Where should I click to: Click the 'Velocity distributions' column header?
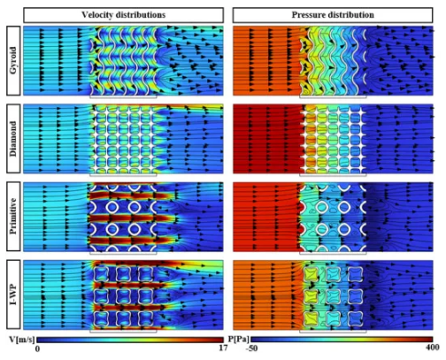pyautogui.click(x=123, y=15)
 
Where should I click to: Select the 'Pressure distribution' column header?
pyautogui.click(x=333, y=15)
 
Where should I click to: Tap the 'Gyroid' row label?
pyautogui.click(x=13, y=61)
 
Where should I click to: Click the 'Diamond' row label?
pyautogui.click(x=13, y=139)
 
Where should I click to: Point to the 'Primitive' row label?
pyautogui.click(x=13, y=217)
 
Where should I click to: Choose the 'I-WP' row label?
pyautogui.click(x=13, y=295)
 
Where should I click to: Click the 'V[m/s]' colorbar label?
pyautogui.click(x=22, y=340)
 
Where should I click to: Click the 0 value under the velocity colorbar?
pyautogui.click(x=37, y=349)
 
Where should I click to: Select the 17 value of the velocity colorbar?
pyautogui.click(x=223, y=348)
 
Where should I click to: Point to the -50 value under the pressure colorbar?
pyautogui.click(x=251, y=349)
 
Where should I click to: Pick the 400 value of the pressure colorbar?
pyautogui.click(x=433, y=348)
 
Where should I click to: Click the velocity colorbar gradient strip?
pyautogui.click(x=130, y=340)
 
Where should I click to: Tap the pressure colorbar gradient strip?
pyautogui.click(x=342, y=340)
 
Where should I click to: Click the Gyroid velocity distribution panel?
pyautogui.click(x=123, y=61)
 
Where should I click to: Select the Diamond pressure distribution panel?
pyautogui.click(x=333, y=139)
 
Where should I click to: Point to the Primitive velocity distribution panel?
pyautogui.click(x=123, y=217)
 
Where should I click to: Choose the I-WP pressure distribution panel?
pyautogui.click(x=333, y=295)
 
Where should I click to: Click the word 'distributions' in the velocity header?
pyautogui.click(x=140, y=15)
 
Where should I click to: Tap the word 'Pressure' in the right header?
pyautogui.click(x=308, y=15)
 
